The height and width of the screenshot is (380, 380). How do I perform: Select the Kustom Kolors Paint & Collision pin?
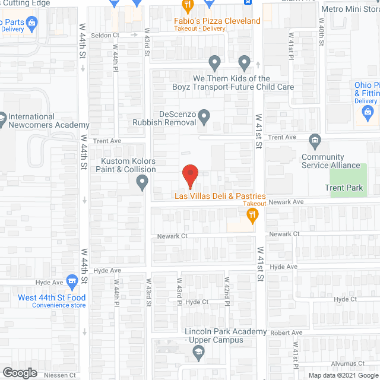pyautogui.click(x=142, y=185)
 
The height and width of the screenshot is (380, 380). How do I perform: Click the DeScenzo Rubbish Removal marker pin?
pyautogui.click(x=204, y=117)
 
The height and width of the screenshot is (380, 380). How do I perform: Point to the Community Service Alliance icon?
pyautogui.click(x=315, y=141)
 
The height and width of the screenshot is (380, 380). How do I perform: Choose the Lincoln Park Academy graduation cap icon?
pyautogui.click(x=199, y=354)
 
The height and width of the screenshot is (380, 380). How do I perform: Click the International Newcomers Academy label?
pyautogui.click(x=49, y=121)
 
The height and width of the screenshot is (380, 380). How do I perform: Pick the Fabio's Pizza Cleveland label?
pyautogui.click(x=217, y=21)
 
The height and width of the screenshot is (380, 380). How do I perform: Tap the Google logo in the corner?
pyautogui.click(x=19, y=372)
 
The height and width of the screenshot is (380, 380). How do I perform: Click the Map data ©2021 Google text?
pyautogui.click(x=343, y=375)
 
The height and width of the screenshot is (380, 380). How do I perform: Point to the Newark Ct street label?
pyautogui.click(x=172, y=236)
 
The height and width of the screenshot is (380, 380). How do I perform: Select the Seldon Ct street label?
pyautogui.click(x=105, y=35)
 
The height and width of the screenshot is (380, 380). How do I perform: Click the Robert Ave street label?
pyautogui.click(x=286, y=332)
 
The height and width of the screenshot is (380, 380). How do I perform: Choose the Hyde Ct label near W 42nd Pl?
pyautogui.click(x=197, y=302)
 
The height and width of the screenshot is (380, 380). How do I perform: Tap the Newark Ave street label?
pyautogui.click(x=286, y=202)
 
